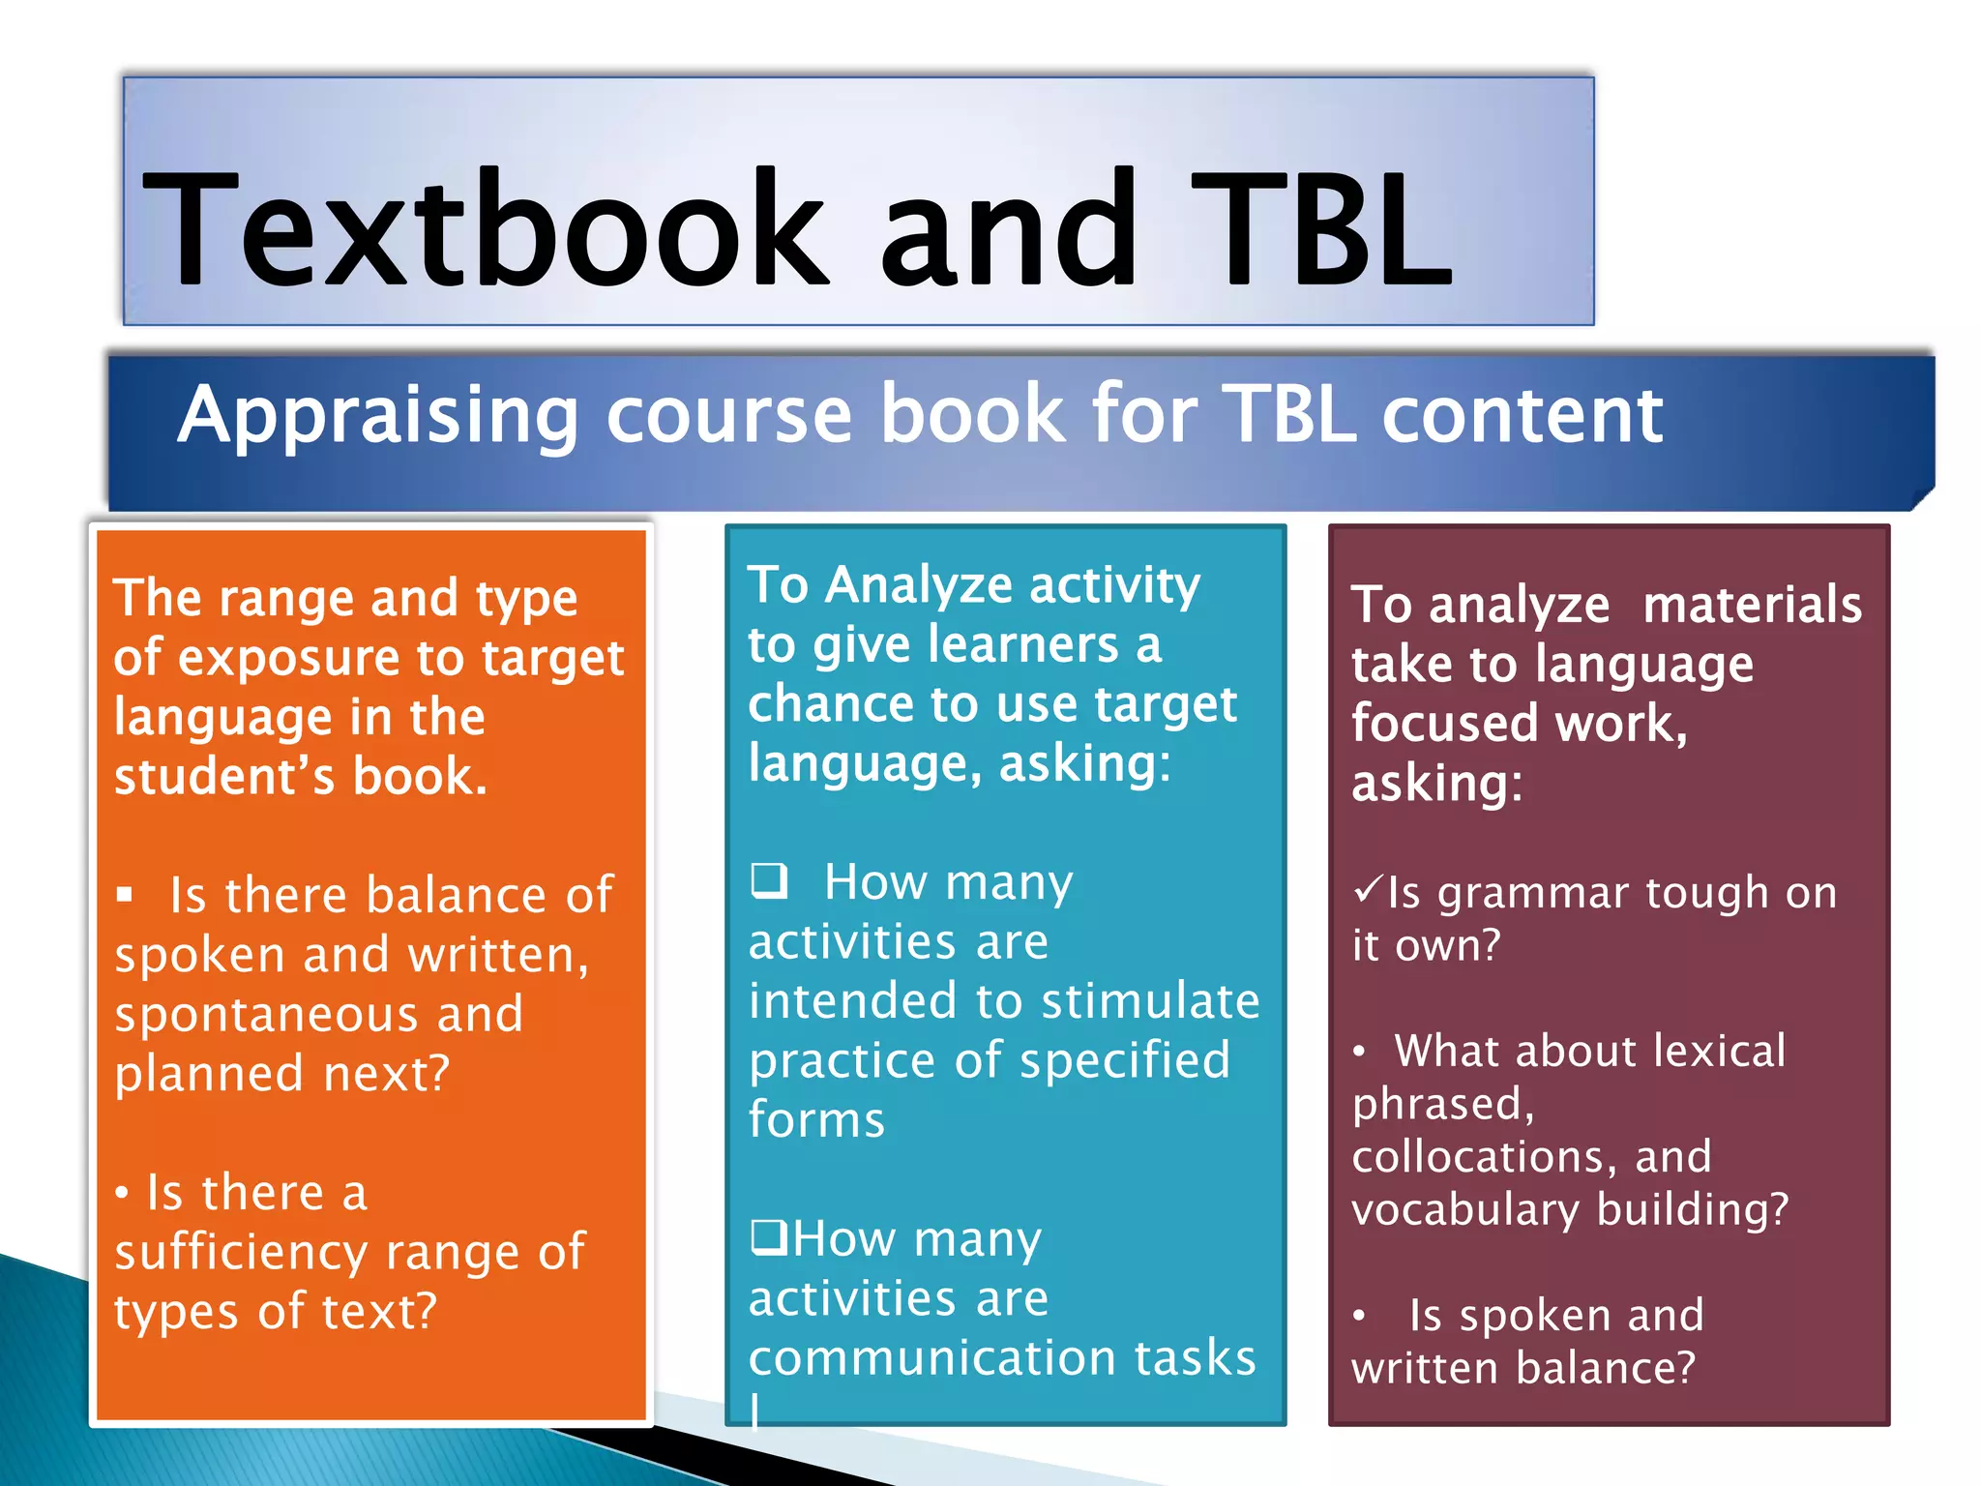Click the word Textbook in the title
tap(484, 230)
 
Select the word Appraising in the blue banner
tap(378, 416)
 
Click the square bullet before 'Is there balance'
tap(125, 895)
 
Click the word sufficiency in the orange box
tap(241, 1253)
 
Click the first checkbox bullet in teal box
tap(770, 880)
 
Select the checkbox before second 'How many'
tap(770, 1237)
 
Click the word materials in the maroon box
tap(1752, 606)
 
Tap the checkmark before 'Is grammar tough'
tap(1368, 889)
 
